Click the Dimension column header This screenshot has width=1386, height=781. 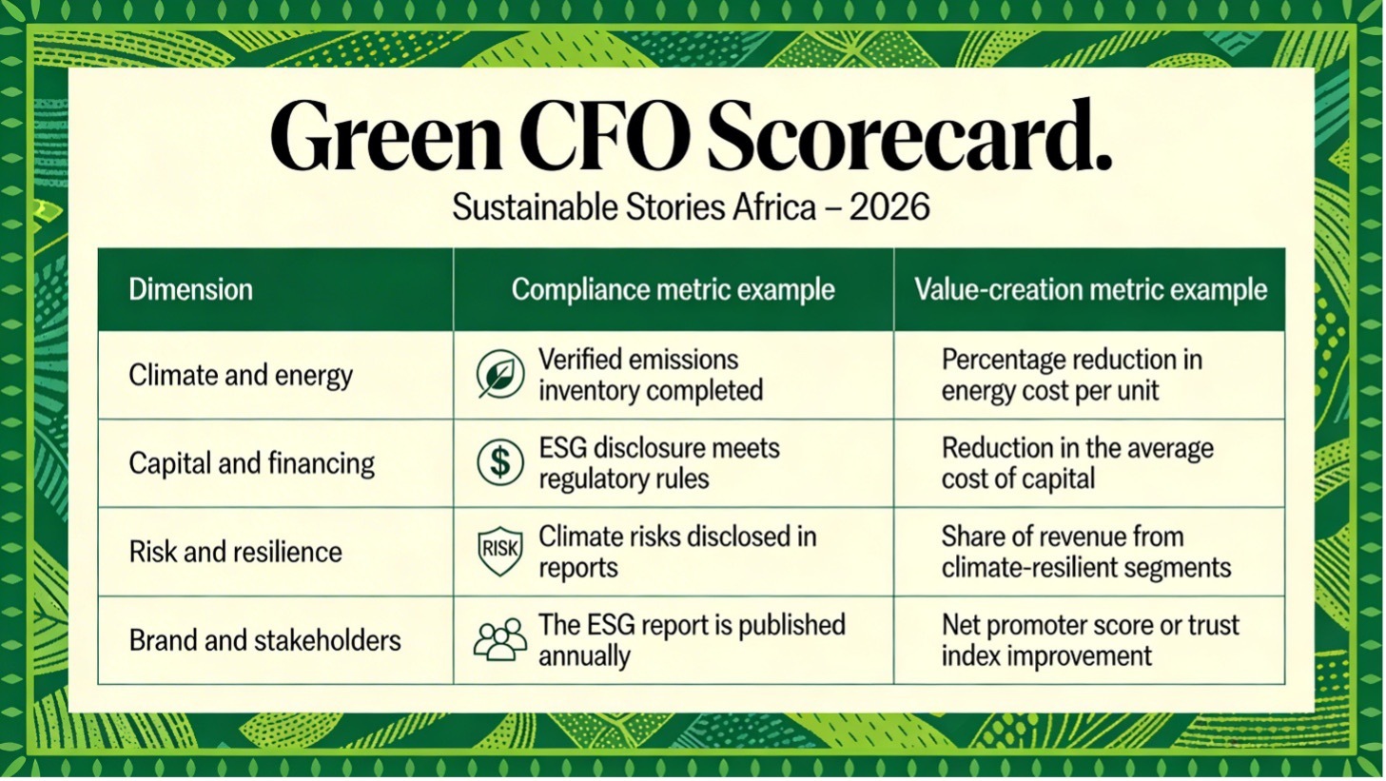click(x=190, y=289)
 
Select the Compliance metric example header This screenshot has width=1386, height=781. click(x=673, y=289)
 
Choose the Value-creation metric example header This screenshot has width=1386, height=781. click(x=1090, y=289)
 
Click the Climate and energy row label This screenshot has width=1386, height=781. click(x=241, y=375)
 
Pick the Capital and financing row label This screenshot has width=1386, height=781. click(x=251, y=463)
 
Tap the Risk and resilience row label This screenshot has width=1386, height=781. click(x=235, y=552)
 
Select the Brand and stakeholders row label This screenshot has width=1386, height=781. click(x=264, y=640)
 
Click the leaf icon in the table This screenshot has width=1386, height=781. click(x=499, y=375)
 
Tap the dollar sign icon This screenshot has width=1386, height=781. click(x=499, y=463)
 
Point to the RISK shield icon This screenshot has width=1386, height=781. click(x=499, y=551)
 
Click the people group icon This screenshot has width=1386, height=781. click(x=499, y=639)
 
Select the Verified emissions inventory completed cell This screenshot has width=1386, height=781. click(x=651, y=375)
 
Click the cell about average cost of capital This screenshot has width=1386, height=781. click(x=1077, y=463)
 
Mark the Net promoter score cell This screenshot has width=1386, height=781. click(x=1090, y=640)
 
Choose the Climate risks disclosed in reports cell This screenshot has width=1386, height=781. click(x=677, y=552)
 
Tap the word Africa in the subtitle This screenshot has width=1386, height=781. click(x=773, y=207)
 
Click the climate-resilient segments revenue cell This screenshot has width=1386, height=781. click(x=1085, y=552)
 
